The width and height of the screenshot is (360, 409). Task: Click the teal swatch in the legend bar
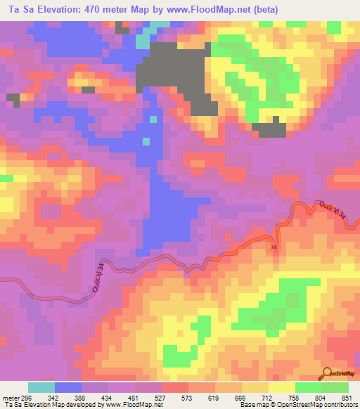coord(41,387)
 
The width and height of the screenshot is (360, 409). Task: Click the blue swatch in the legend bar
coord(68,387)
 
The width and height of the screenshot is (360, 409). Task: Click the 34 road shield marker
coord(272,247)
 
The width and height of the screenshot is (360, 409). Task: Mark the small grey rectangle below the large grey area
coord(269,130)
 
